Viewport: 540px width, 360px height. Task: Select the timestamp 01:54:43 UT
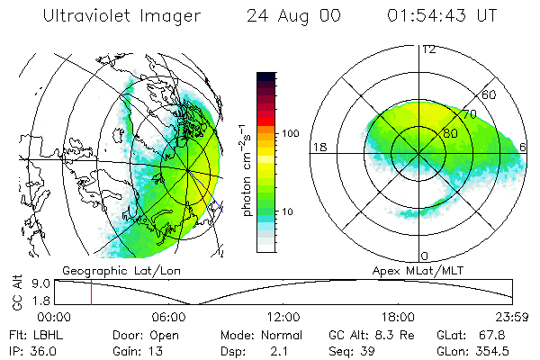(x=441, y=16)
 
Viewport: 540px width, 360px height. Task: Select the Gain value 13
(x=154, y=350)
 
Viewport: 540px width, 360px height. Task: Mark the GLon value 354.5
(x=502, y=350)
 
